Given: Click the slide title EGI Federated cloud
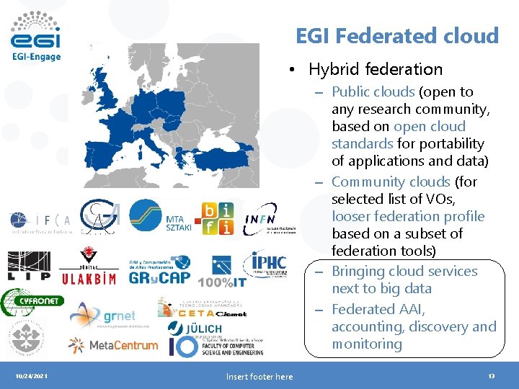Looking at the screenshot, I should coord(397,35).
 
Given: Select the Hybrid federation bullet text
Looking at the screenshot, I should coord(375,69).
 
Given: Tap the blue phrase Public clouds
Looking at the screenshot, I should coord(373,91).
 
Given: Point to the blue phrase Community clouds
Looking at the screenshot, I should coord(391,182).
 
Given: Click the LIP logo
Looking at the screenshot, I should coord(29,266).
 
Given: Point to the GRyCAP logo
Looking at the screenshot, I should coord(159,269).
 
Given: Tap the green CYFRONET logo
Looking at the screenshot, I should coord(32,300).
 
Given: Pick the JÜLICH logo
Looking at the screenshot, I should coord(194,328).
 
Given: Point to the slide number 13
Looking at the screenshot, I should coord(491,376).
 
